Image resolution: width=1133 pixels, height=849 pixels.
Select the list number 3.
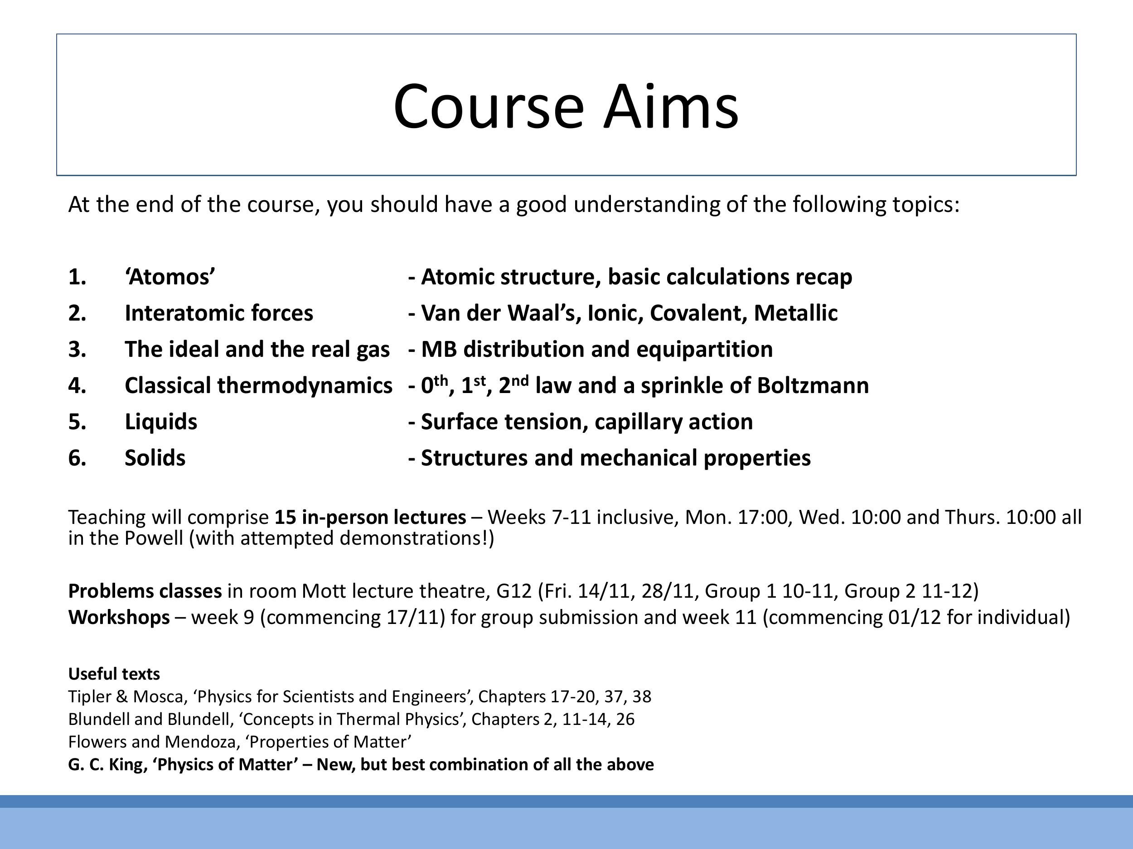point(77,350)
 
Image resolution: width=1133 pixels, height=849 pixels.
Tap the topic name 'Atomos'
point(169,277)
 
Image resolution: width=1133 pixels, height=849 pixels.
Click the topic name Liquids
point(161,422)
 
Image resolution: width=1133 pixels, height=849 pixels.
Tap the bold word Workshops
point(119,618)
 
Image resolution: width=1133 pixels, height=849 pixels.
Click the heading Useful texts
point(114,674)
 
